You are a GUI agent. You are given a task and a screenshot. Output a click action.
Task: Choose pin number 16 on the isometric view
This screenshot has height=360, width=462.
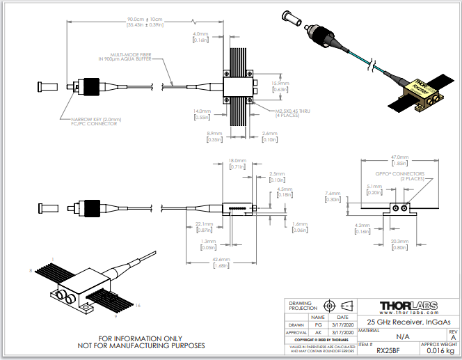point(138,305)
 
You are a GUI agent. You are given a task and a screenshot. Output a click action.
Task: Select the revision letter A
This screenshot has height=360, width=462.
point(453,338)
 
